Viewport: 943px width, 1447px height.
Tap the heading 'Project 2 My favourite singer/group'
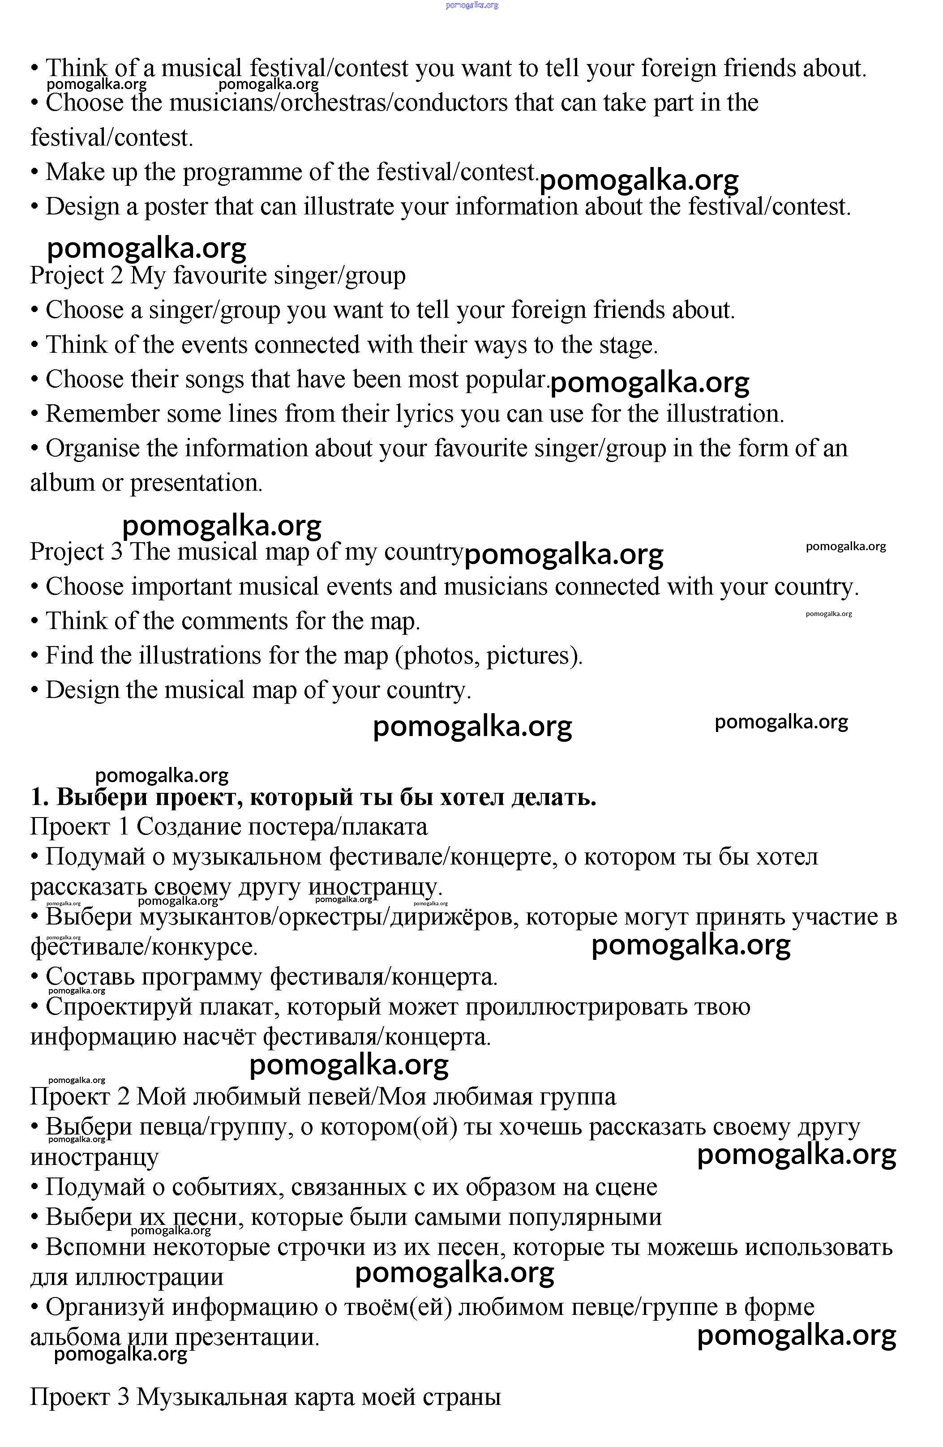(x=218, y=275)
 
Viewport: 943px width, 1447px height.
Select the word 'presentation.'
(x=197, y=484)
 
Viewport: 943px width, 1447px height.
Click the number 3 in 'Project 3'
(x=117, y=552)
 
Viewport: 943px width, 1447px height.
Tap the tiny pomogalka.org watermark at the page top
(x=472, y=5)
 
